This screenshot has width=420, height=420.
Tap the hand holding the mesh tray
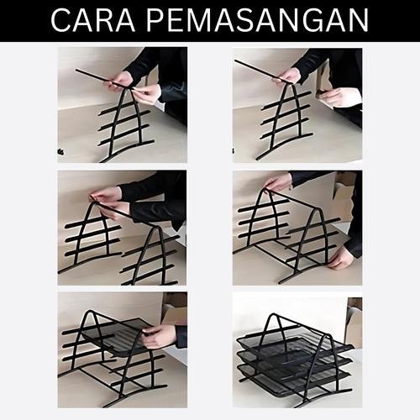click(x=160, y=336)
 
